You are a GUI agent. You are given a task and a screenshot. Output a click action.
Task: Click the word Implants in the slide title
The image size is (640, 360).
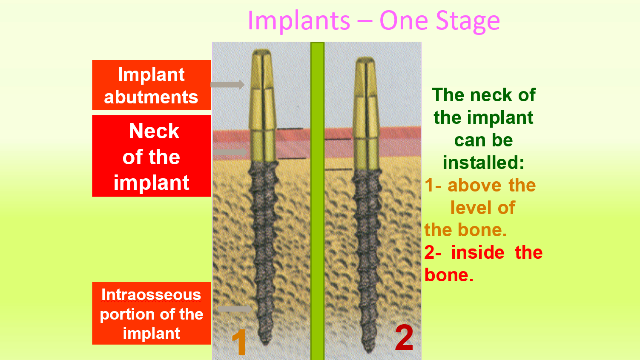299,21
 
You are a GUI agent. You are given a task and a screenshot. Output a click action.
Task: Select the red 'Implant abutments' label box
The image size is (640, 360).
152,85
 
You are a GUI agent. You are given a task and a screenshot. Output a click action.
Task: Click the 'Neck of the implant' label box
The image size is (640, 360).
152,156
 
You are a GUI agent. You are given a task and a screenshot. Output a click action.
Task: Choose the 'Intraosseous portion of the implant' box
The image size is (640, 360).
152,313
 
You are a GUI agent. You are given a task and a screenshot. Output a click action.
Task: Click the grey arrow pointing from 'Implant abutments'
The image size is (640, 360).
227,85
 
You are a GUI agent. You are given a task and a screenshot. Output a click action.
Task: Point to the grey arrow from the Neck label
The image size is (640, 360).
230,152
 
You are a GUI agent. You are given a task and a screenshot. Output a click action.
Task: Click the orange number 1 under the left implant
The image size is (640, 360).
240,342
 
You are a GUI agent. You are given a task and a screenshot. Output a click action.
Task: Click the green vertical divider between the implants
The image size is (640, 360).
317,201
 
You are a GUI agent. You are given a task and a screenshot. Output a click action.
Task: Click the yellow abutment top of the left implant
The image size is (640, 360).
262,69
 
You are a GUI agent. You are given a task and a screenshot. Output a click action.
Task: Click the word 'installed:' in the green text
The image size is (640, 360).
483,163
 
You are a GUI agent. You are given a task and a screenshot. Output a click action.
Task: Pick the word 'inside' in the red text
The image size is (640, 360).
478,253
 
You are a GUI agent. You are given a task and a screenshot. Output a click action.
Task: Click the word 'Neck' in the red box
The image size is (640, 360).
154,131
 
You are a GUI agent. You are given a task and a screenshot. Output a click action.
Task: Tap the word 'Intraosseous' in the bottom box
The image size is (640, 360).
151,294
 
